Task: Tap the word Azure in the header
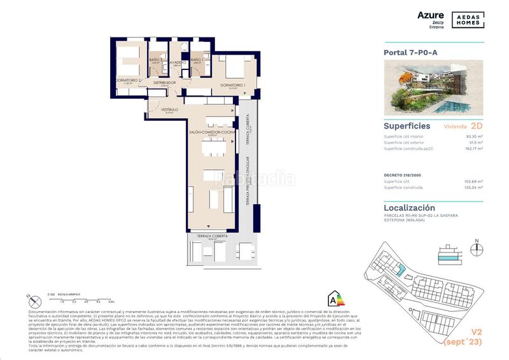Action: click(x=431, y=13)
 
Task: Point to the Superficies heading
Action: click(x=407, y=126)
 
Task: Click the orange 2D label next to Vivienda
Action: click(x=477, y=126)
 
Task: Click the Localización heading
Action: click(x=409, y=207)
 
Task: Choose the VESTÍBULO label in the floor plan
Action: click(x=169, y=109)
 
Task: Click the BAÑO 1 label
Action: click(x=198, y=60)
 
